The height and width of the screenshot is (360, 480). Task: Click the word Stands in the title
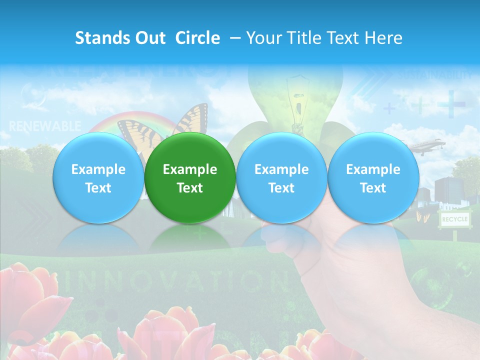coord(100,38)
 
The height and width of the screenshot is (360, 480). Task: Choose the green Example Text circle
coord(190,178)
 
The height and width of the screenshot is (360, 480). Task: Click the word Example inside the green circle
coord(190,169)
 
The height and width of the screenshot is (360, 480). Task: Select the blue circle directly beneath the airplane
coord(373,178)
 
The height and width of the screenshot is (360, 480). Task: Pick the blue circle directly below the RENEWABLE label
coord(98,178)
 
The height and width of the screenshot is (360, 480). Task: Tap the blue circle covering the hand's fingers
coord(281,178)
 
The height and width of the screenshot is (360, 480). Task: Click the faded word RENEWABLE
coord(45,125)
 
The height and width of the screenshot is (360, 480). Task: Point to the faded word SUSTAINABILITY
coord(435,75)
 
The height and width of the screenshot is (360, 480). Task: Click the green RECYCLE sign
coord(454,219)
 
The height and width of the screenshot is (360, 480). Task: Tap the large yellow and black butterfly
coord(190,120)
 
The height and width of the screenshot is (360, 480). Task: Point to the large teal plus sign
coord(451,103)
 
